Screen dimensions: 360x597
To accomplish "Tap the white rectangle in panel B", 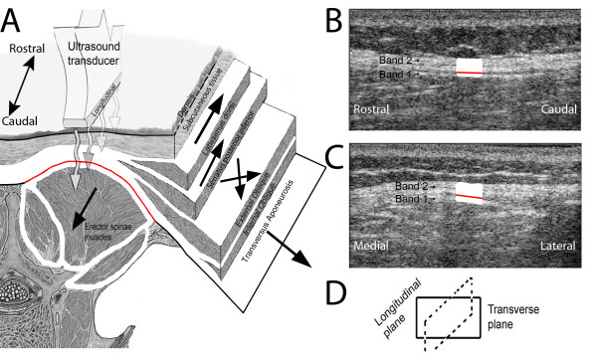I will tap(469, 66).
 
